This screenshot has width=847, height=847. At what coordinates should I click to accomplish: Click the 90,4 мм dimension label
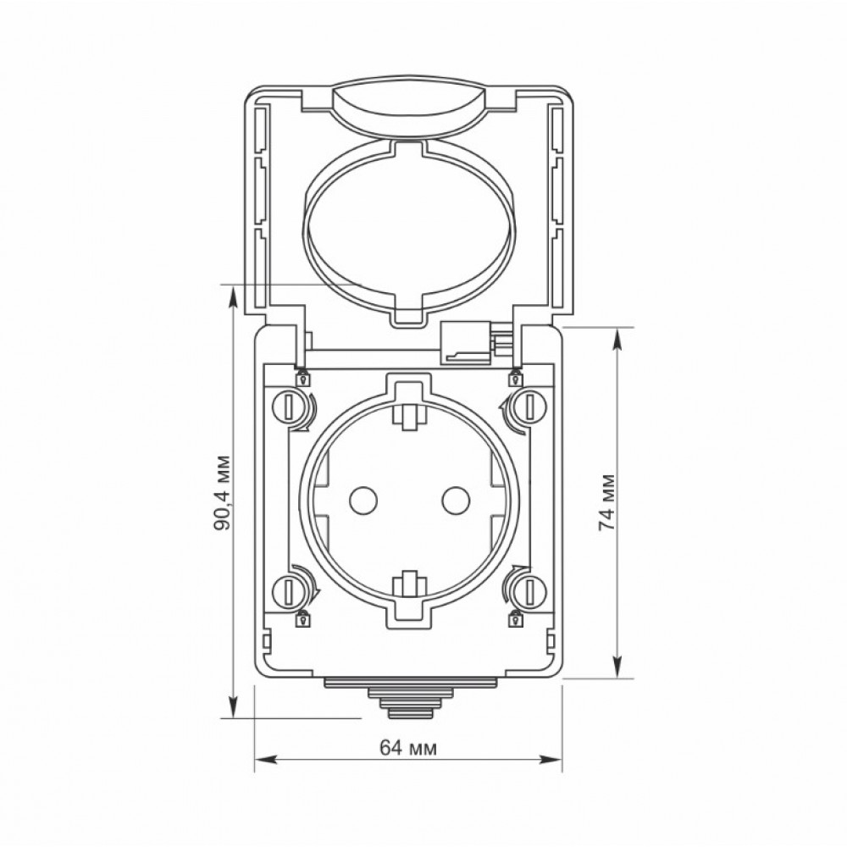[223, 493]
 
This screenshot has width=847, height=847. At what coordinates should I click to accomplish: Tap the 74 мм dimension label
[607, 502]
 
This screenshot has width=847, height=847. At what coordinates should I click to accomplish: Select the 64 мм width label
[408, 748]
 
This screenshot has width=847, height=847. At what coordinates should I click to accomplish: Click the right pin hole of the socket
[456, 501]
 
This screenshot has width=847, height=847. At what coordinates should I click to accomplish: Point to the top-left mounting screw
[288, 406]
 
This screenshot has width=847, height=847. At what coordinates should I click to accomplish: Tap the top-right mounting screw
[530, 406]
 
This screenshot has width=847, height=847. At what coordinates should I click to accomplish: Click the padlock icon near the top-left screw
[304, 378]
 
